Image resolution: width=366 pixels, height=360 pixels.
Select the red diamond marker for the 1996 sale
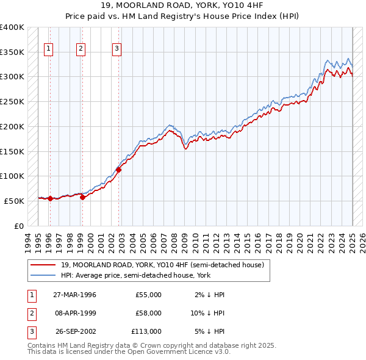pos(50,198)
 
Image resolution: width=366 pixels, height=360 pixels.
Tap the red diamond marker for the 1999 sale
pos(82,196)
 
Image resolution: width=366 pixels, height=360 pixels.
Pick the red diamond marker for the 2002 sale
pos(119,170)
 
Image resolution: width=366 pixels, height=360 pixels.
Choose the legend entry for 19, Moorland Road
pos(162,265)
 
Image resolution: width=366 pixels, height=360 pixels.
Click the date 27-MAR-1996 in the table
pos(74,295)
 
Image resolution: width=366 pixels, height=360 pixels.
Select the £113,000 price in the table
pos(146,331)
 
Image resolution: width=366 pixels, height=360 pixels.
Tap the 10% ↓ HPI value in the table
pos(208,313)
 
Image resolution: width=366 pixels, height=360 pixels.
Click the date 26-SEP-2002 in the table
pos(75,331)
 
